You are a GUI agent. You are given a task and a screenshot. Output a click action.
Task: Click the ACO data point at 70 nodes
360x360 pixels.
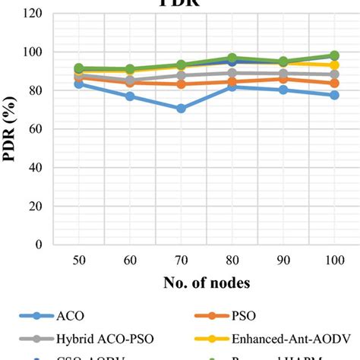181,109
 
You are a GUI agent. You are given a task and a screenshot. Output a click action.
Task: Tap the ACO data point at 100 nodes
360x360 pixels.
333,95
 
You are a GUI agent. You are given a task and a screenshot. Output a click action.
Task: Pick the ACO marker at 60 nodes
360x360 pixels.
130,96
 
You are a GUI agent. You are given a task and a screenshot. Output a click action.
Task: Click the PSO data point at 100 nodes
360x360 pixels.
333,83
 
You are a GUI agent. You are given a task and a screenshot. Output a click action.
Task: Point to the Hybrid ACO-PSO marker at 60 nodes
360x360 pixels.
130,81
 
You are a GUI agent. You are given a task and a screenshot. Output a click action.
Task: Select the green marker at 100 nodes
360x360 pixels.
333,55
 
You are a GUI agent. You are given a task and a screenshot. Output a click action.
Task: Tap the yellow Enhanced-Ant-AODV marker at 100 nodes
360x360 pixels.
333,65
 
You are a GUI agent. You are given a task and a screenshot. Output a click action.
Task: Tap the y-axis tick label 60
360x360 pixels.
36,129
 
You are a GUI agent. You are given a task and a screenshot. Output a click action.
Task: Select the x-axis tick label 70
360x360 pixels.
181,261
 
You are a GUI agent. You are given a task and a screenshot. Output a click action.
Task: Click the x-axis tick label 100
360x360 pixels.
333,261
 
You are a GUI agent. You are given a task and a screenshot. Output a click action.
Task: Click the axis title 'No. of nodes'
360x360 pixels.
207,283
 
